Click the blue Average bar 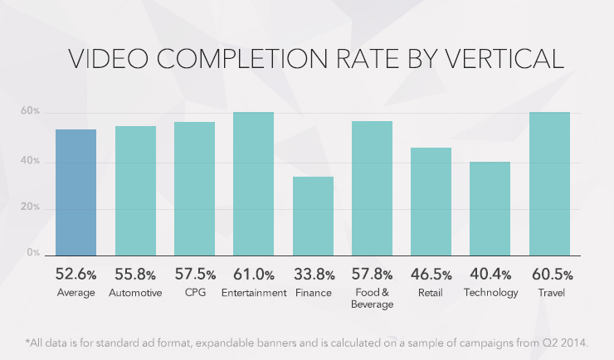pyautogui.click(x=76, y=192)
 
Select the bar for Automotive pyautogui.click(x=135, y=190)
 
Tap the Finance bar pyautogui.click(x=313, y=216)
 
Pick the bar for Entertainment pyautogui.click(x=253, y=183)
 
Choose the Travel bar pyautogui.click(x=549, y=183)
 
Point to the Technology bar pyautogui.click(x=490, y=208)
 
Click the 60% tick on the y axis pyautogui.click(x=32, y=112)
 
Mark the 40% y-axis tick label pyautogui.click(x=32, y=160)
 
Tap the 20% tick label pyautogui.click(x=32, y=207)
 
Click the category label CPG pyautogui.click(x=194, y=293)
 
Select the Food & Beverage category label pyautogui.click(x=372, y=299)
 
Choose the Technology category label pyautogui.click(x=490, y=293)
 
